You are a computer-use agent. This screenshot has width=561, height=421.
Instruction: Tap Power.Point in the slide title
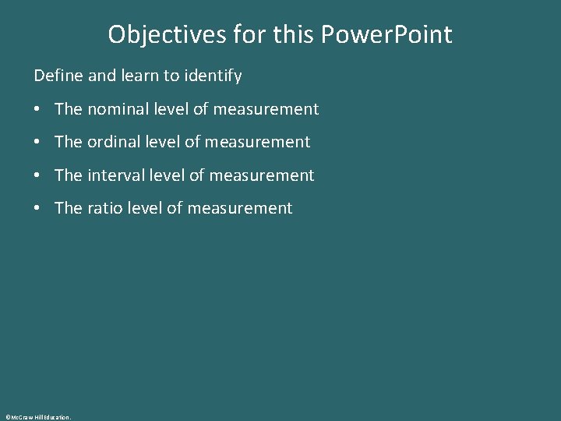[387, 34]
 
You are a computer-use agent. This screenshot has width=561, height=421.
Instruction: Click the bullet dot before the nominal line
[38, 110]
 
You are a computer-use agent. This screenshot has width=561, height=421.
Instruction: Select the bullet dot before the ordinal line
[38, 143]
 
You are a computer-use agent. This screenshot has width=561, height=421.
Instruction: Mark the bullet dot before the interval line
[38, 176]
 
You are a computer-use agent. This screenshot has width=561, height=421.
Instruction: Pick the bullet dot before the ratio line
[38, 209]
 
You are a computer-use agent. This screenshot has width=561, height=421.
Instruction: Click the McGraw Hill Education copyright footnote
[37, 417]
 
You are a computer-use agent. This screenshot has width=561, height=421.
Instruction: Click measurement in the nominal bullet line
[266, 109]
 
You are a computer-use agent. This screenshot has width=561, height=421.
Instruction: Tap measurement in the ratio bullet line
[240, 208]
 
